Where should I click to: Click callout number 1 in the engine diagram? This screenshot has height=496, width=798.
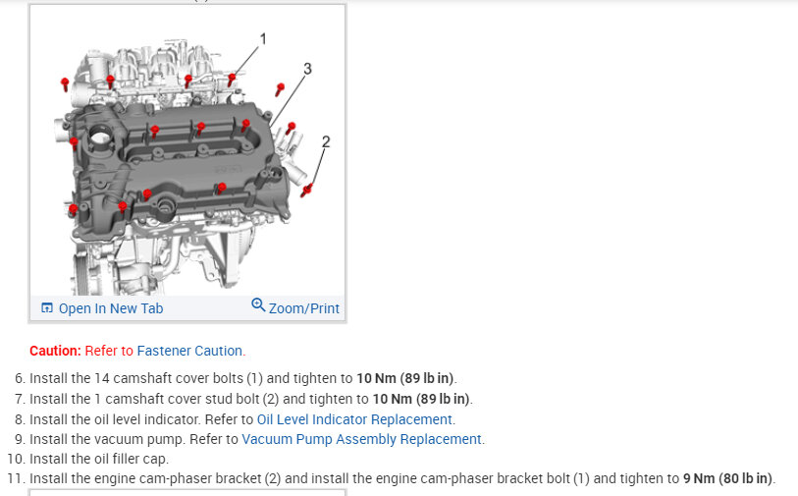[x=263, y=39]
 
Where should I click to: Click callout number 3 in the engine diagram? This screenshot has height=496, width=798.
[x=307, y=69]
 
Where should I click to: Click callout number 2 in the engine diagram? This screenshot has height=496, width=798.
[x=326, y=141]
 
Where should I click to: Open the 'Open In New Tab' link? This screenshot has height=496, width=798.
[x=111, y=308]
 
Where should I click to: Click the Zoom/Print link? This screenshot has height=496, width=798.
[x=303, y=308]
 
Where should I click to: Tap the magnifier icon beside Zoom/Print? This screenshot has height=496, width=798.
[x=258, y=305]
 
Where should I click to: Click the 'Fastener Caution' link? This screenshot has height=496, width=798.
[x=190, y=351]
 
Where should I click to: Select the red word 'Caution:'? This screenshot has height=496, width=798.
[x=55, y=351]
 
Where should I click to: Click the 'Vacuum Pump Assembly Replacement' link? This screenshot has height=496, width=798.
[x=362, y=439]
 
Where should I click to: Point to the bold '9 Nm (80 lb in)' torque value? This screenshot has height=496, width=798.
[x=728, y=478]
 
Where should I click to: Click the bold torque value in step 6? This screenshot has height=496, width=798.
[x=405, y=378]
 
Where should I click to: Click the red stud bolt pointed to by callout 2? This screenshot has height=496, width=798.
[x=307, y=189]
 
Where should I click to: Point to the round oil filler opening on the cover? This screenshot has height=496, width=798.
[x=99, y=136]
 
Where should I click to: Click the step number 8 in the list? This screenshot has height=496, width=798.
[x=20, y=419]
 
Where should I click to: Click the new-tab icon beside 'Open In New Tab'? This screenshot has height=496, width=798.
[x=46, y=308]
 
